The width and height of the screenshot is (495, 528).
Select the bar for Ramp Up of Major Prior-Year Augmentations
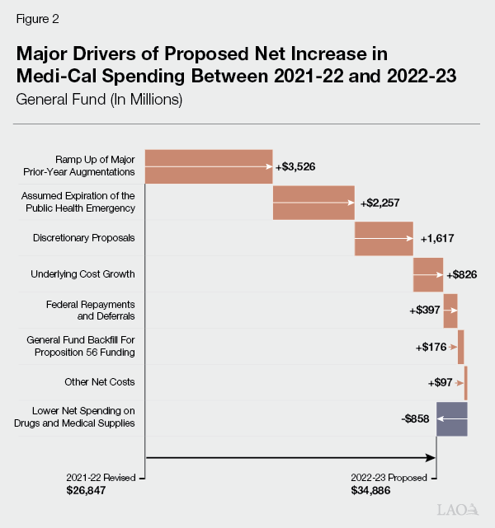click(209, 166)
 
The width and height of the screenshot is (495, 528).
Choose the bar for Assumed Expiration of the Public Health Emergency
click(313, 203)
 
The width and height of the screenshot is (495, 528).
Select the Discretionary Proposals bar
click(384, 239)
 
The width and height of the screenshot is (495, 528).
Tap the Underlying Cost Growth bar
click(428, 274)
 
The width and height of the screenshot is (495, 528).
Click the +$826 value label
click(462, 274)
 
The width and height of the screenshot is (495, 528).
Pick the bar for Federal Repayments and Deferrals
click(450, 311)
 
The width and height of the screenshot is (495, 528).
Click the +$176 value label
click(432, 347)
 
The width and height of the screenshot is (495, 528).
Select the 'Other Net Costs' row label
click(100, 382)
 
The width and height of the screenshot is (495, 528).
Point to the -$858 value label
click(417, 418)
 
